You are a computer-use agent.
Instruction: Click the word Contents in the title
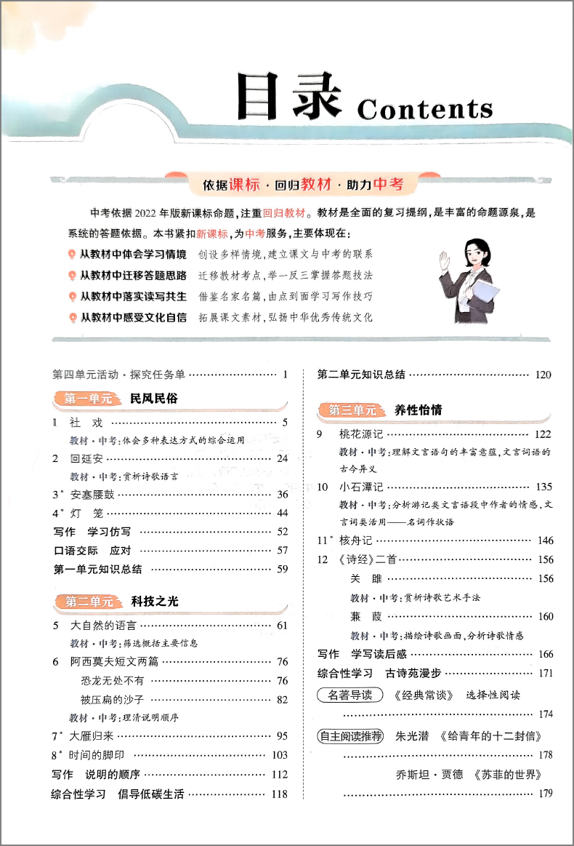coord(425,109)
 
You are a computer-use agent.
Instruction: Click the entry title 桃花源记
coord(360,434)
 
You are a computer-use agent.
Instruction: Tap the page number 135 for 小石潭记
coord(543,487)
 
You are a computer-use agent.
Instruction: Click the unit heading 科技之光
coord(155,602)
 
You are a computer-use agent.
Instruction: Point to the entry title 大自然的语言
coord(103,625)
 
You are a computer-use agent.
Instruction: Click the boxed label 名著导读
coord(350,695)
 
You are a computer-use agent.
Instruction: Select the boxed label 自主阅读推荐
coord(350,735)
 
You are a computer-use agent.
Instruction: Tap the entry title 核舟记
coord(355,540)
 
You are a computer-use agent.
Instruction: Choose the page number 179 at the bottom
coord(543,794)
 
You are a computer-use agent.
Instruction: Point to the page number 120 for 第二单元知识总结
coord(543,375)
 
